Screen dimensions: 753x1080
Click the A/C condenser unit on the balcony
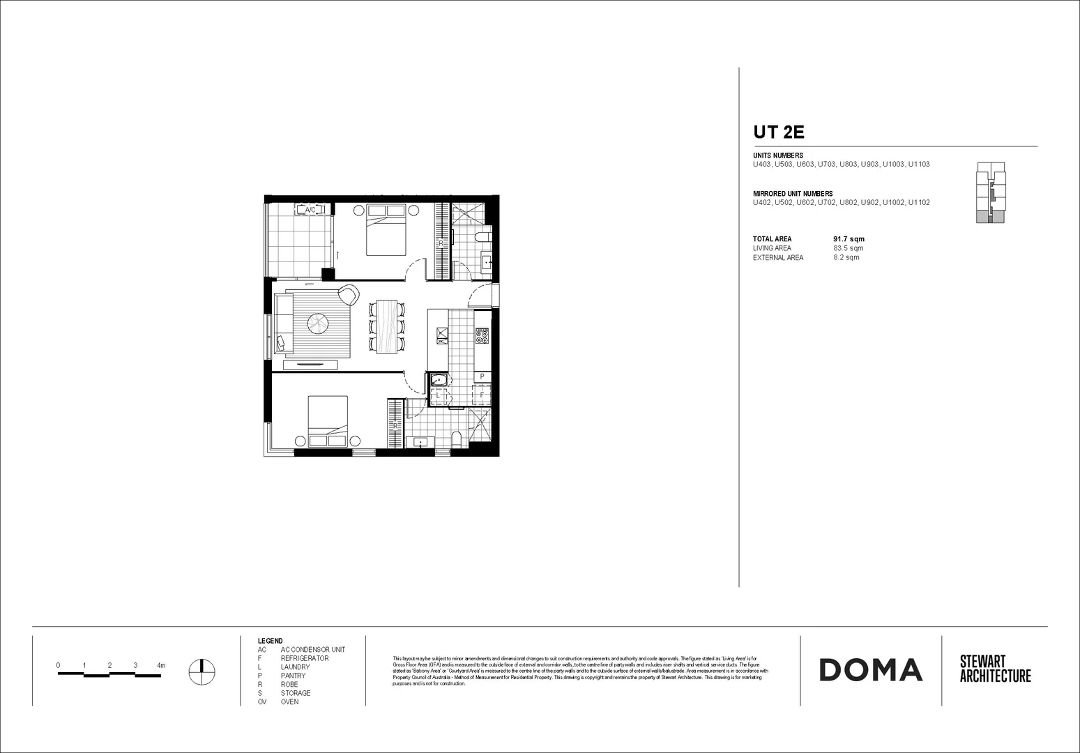(x=310, y=209)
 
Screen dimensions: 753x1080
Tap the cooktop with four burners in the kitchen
(x=482, y=337)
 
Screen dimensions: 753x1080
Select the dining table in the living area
(x=387, y=326)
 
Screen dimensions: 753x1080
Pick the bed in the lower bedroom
(x=328, y=421)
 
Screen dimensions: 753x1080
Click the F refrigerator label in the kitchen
(x=482, y=395)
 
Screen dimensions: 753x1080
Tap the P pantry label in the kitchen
(x=482, y=376)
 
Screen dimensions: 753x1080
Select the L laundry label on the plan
(x=438, y=395)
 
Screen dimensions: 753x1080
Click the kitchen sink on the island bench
(x=441, y=337)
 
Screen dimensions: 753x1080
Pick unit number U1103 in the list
(x=918, y=165)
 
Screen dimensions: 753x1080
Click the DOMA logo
(x=870, y=670)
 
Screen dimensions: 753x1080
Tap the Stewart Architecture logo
(x=995, y=669)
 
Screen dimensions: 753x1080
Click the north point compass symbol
(x=201, y=671)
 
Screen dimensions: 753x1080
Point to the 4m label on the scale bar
(x=161, y=666)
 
